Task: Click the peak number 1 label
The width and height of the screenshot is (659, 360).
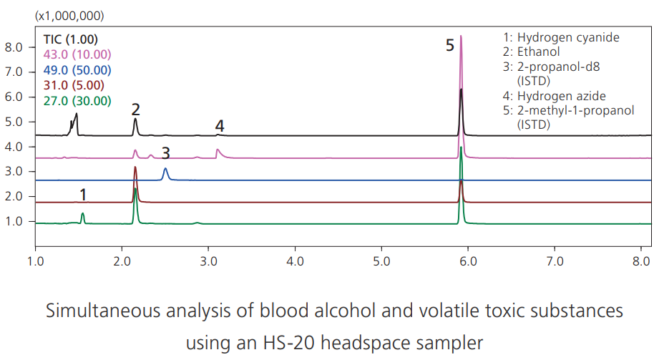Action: (83, 195)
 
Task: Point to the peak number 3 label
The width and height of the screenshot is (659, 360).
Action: (165, 153)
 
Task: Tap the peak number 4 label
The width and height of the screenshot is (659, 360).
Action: (220, 126)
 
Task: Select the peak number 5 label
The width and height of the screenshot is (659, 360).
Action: (449, 46)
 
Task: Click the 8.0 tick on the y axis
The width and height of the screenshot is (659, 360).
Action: (15, 47)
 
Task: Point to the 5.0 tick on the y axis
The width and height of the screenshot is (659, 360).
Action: (15, 122)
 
